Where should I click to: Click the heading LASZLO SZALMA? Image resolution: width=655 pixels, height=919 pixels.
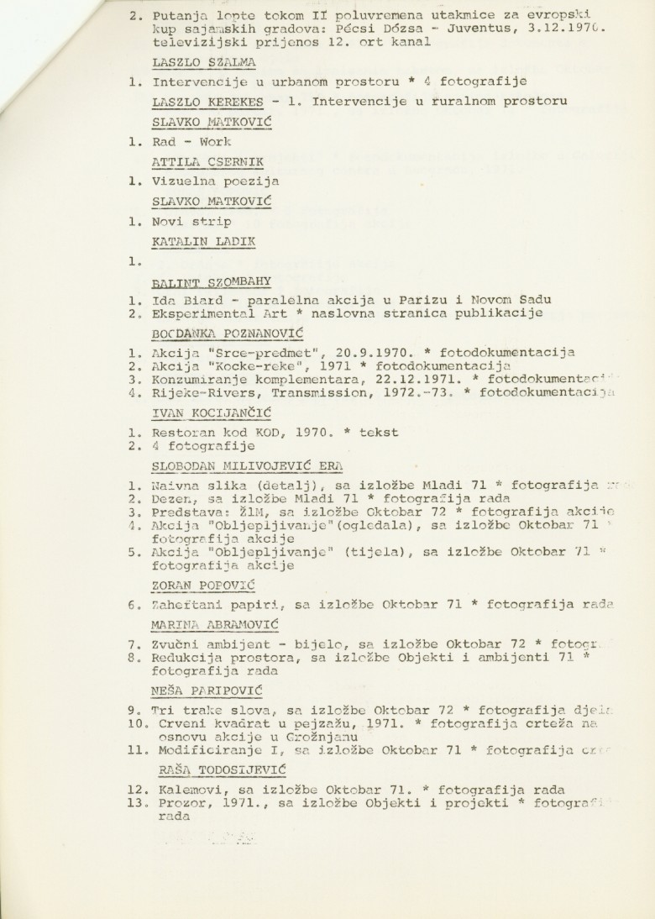[x=204, y=62]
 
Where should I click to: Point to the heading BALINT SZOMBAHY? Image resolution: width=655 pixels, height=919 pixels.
[x=212, y=281]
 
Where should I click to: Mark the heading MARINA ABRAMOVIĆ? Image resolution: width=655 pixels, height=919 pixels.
[x=215, y=624]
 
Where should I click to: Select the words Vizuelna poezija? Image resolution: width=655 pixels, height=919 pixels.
[x=216, y=181]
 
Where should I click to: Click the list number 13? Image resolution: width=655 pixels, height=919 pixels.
[x=136, y=803]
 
